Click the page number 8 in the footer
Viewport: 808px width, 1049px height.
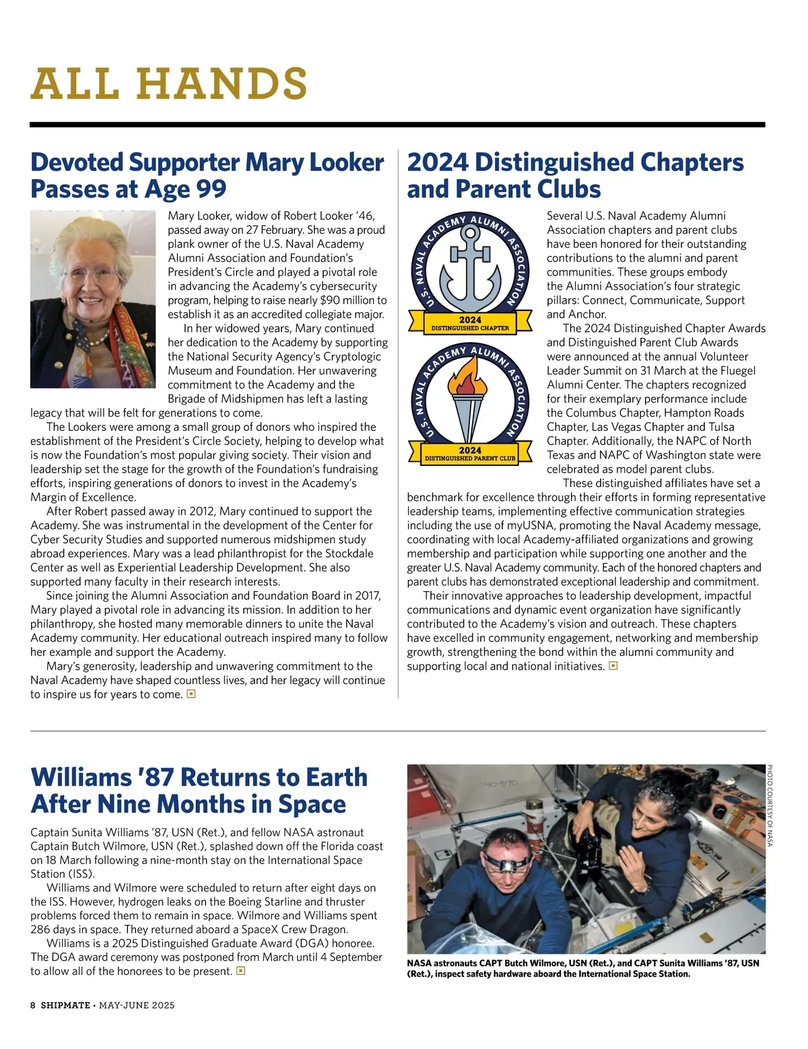pos(33,1005)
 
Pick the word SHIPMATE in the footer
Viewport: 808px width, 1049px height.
pos(65,1005)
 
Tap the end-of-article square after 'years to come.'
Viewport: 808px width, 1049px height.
pos(191,693)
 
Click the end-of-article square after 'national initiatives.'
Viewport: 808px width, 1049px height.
pos(613,666)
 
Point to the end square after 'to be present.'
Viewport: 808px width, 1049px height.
pos(241,971)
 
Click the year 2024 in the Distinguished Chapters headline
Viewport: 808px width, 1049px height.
pos(437,162)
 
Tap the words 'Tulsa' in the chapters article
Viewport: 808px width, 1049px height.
pos(721,427)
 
